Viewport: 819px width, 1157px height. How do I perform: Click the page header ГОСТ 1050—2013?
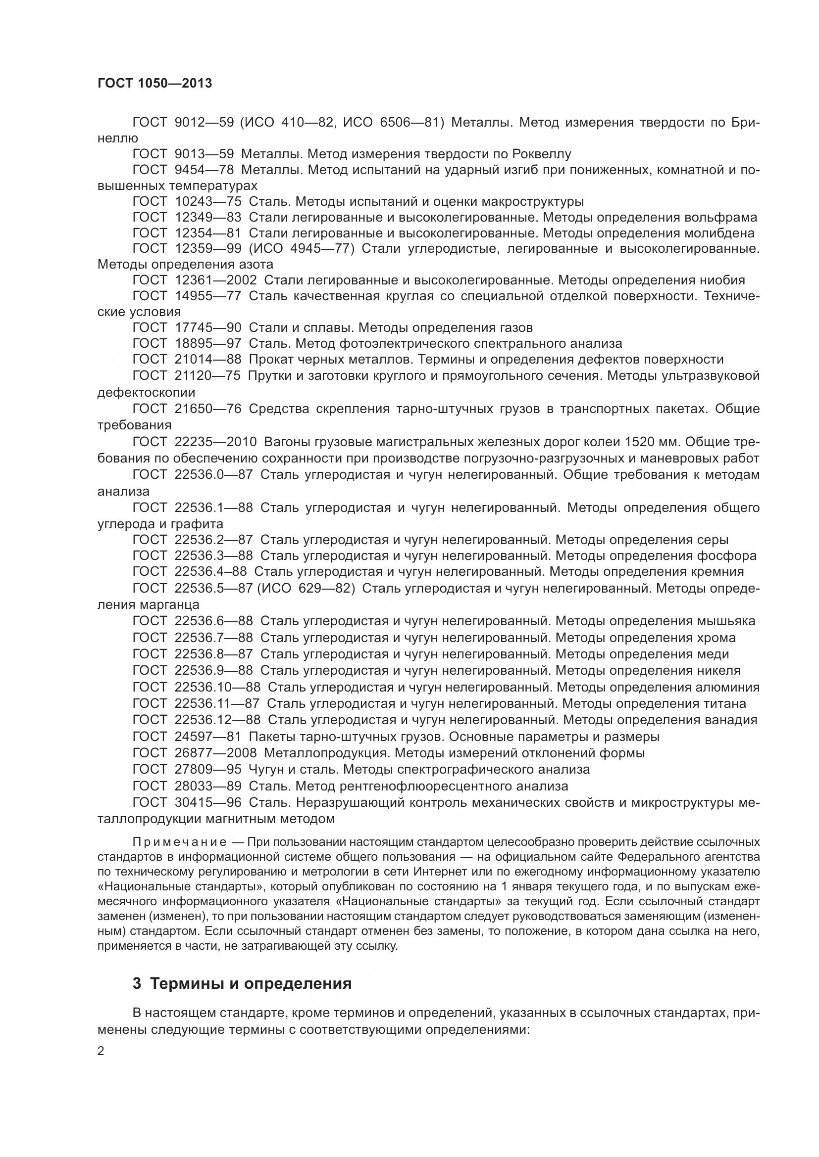[x=154, y=83]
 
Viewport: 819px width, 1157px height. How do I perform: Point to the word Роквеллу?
[x=541, y=154]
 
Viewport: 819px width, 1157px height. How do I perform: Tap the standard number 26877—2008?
[x=215, y=753]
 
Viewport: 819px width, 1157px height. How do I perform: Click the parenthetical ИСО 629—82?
[x=306, y=588]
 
